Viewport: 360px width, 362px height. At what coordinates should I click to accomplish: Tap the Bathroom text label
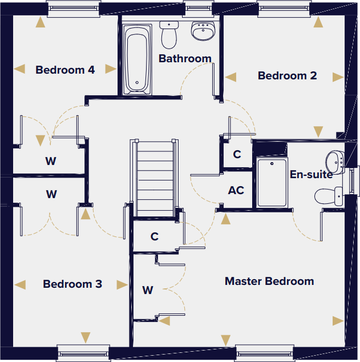coord(185,59)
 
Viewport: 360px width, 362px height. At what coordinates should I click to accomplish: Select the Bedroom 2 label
coord(287,76)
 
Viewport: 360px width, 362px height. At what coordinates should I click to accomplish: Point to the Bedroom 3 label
coord(72,284)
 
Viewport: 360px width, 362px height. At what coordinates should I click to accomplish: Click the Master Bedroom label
coord(269,281)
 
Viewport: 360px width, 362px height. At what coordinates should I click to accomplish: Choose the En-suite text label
coord(311,175)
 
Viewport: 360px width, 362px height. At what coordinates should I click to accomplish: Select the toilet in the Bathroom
coord(169,35)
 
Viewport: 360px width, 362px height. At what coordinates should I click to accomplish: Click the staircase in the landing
coord(155,177)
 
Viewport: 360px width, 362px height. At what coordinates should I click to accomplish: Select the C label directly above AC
coord(237,155)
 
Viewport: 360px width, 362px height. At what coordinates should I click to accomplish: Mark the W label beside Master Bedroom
coord(148,290)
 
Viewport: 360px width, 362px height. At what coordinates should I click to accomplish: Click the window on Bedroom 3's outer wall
coord(83,352)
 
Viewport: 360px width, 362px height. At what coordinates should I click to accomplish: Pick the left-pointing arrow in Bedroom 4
coord(20,69)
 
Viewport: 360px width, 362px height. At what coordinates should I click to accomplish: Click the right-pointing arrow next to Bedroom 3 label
coord(121,284)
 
